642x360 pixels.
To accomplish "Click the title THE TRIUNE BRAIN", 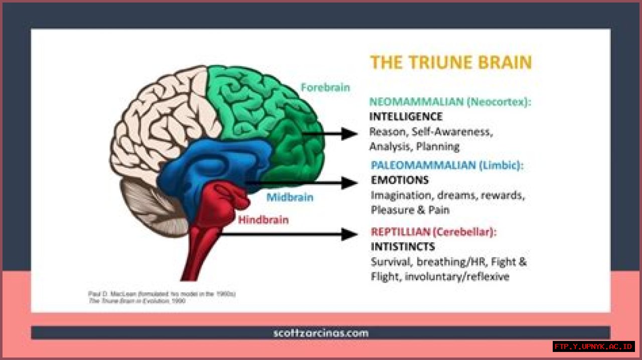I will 450,63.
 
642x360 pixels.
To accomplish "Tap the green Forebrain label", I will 325,87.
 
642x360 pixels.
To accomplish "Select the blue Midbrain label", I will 289,197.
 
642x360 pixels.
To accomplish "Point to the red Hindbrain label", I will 263,220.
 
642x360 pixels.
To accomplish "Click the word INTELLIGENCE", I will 406,117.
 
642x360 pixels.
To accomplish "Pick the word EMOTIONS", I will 399,180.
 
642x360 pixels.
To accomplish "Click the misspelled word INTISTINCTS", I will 403,247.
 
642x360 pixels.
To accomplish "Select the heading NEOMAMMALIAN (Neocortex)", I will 450,102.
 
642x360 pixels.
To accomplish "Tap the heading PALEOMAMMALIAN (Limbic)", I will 446,165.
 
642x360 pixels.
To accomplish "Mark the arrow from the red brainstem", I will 291,234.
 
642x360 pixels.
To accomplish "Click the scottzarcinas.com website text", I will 321,333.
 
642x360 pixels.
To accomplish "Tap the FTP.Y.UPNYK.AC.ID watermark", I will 594,346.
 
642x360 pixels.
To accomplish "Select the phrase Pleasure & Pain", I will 410,210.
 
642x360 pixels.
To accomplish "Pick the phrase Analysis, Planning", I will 414,146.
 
